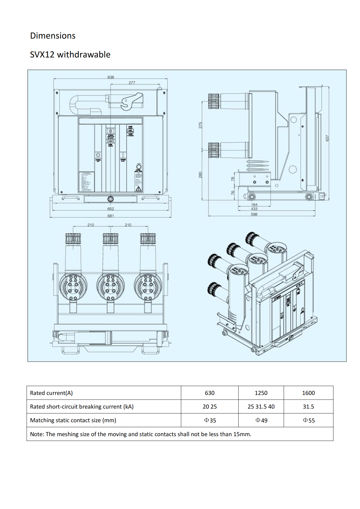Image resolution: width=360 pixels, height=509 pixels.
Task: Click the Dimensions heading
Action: pyautogui.click(x=53, y=36)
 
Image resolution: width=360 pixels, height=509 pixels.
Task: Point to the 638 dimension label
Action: pyautogui.click(x=111, y=77)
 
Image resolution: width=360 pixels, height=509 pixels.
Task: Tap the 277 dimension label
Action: pyautogui.click(x=132, y=83)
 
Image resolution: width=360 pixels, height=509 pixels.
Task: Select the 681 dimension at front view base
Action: pyautogui.click(x=111, y=216)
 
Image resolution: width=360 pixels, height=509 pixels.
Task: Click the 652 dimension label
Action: pyautogui.click(x=111, y=209)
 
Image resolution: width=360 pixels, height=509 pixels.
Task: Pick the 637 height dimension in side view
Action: pyautogui.click(x=327, y=138)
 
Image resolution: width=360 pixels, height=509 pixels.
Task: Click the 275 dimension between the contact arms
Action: pyautogui.click(x=200, y=125)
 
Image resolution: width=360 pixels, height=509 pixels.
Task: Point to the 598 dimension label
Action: pyautogui.click(x=254, y=214)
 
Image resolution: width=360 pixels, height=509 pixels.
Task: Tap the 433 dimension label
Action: pyautogui.click(x=254, y=209)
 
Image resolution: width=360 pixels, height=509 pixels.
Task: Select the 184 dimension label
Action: pyautogui.click(x=254, y=205)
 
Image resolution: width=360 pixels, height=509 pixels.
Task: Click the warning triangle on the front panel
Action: pyautogui.click(x=138, y=189)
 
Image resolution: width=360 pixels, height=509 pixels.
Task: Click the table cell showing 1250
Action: pyautogui.click(x=261, y=393)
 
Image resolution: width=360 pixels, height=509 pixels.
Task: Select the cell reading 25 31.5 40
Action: pyautogui.click(x=261, y=407)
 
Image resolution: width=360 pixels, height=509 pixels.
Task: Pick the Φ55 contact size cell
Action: pyautogui.click(x=308, y=420)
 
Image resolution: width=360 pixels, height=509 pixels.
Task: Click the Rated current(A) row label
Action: pyautogui.click(x=51, y=393)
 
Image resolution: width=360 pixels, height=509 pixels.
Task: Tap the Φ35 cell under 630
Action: pyautogui.click(x=210, y=420)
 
